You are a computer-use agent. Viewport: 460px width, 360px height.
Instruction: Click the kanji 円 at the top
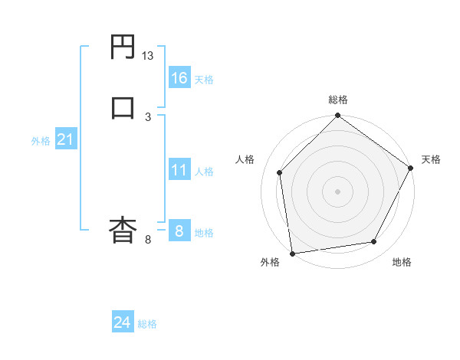123,48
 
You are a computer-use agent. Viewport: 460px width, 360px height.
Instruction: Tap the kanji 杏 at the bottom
123,229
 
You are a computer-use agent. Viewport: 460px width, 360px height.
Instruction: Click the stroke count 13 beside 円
148,56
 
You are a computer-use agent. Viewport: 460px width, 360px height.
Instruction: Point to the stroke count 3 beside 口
148,116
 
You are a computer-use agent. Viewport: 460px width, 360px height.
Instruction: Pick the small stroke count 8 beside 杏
148,239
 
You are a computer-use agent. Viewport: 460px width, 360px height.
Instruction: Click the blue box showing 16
179,77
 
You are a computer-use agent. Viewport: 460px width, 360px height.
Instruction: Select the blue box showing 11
179,169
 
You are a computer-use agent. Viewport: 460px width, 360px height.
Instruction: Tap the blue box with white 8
179,230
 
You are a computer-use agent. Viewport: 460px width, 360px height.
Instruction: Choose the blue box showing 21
65,139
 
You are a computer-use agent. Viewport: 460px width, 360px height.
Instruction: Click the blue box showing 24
122,322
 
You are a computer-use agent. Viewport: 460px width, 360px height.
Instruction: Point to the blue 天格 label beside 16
204,80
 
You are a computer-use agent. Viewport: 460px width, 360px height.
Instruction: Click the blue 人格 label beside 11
204,172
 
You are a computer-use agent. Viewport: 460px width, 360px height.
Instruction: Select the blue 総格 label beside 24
147,325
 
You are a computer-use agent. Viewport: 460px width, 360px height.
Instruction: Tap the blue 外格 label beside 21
41,142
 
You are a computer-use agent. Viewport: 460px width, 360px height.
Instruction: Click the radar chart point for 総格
337,116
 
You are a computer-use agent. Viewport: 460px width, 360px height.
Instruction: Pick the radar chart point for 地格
374,242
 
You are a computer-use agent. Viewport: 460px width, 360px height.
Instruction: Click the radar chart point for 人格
279,172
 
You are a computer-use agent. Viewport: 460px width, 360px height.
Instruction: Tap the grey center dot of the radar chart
337,191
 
